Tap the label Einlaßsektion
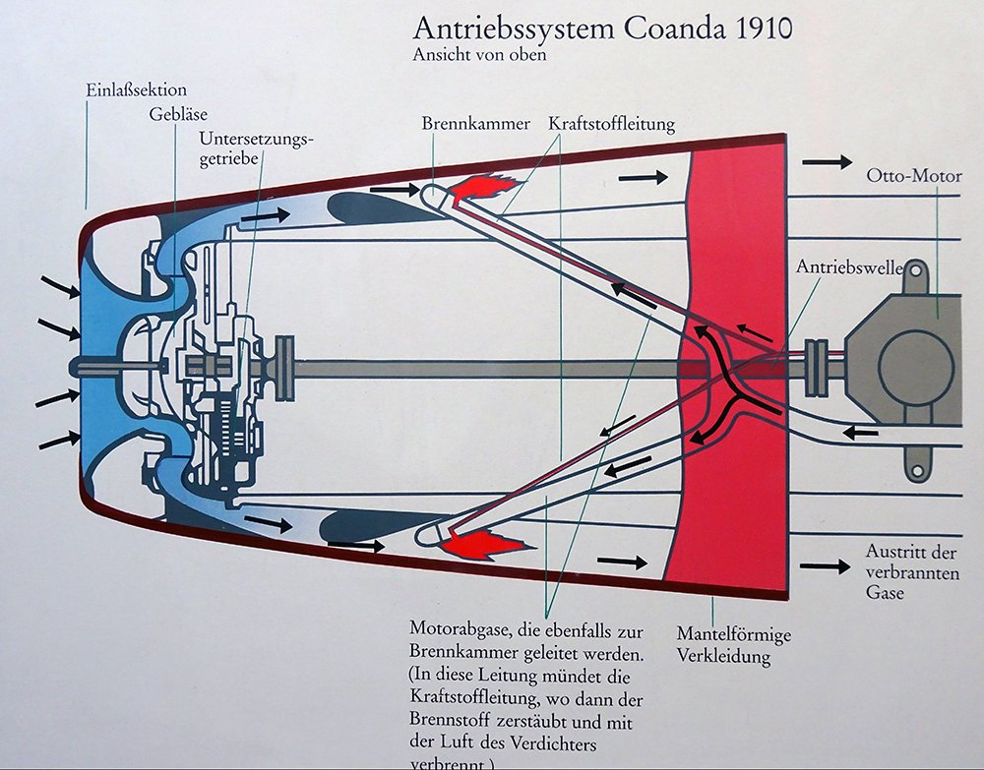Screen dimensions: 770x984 coord(135,90)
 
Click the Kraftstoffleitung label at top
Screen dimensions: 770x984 coord(611,124)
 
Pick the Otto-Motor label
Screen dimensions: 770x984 coord(913,177)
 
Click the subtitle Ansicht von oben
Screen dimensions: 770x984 coord(479,55)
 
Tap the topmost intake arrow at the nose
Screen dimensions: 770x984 coord(60,286)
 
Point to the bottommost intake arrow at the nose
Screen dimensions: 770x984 coord(58,440)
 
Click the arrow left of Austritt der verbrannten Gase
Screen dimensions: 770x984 coord(825,566)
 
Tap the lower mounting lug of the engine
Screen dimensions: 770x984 coord(917,459)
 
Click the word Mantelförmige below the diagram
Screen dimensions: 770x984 coord(733,635)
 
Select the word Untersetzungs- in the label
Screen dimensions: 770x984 coord(256,139)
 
